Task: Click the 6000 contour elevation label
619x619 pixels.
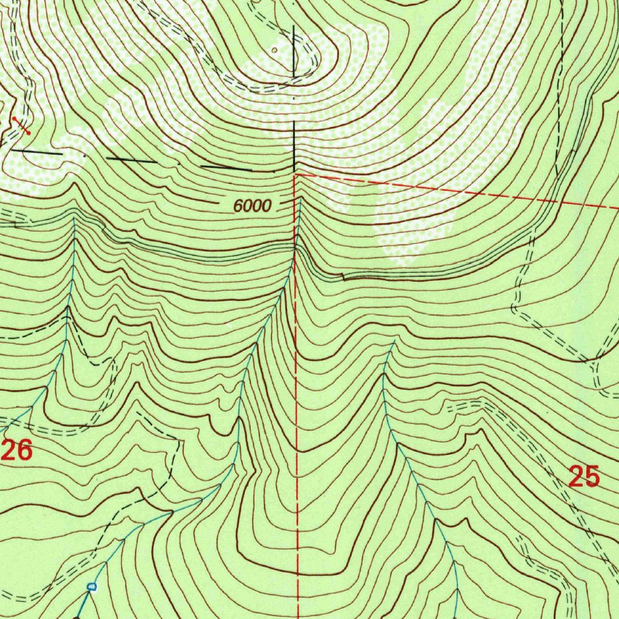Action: point(253,206)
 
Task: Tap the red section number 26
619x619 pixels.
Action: point(17,450)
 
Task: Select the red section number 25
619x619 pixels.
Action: point(585,478)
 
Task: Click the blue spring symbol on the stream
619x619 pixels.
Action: point(91,586)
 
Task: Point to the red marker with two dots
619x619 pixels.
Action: point(21,125)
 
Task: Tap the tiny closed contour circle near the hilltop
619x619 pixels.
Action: point(275,51)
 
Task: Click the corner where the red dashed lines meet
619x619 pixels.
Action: point(296,174)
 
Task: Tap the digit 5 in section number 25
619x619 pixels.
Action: point(592,478)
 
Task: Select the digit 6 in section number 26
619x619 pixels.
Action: point(24,450)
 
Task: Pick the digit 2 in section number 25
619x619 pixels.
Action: point(577,478)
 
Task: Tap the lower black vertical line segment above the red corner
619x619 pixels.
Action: point(295,145)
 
